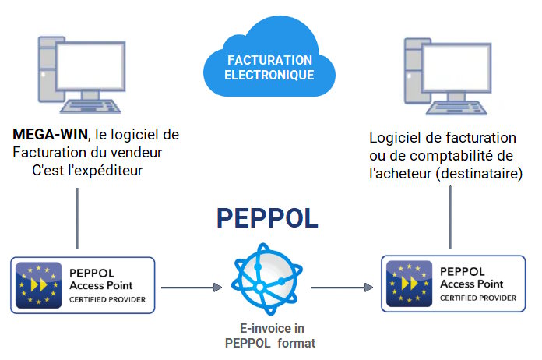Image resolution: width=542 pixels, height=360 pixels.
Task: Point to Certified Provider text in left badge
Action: (107, 298)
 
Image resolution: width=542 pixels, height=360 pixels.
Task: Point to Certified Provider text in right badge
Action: (477, 298)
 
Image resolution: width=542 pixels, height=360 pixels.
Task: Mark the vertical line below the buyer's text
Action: (452, 217)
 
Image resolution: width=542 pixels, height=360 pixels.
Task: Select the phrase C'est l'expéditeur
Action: (87, 169)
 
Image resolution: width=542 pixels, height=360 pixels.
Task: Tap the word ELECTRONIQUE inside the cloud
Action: (269, 76)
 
